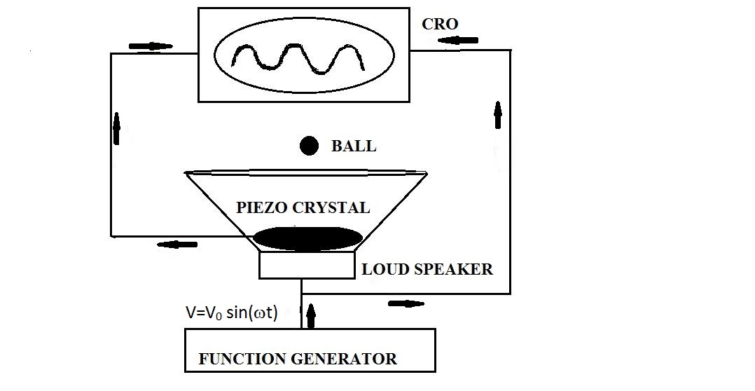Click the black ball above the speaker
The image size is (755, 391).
coord(309,146)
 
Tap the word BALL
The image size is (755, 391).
coord(354,146)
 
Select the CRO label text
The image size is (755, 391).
coord(440,25)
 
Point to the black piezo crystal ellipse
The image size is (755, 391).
coord(307,238)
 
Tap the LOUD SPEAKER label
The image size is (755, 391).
coord(427,269)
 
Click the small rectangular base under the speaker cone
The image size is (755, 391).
coord(306,266)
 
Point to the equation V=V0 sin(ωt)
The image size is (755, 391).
coord(232,313)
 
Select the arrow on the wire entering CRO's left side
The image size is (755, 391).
coord(151,47)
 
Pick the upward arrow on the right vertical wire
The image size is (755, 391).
coord(498,114)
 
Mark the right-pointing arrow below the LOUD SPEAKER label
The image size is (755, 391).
coord(406,303)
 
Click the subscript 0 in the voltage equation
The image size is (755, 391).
coord(210,317)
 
